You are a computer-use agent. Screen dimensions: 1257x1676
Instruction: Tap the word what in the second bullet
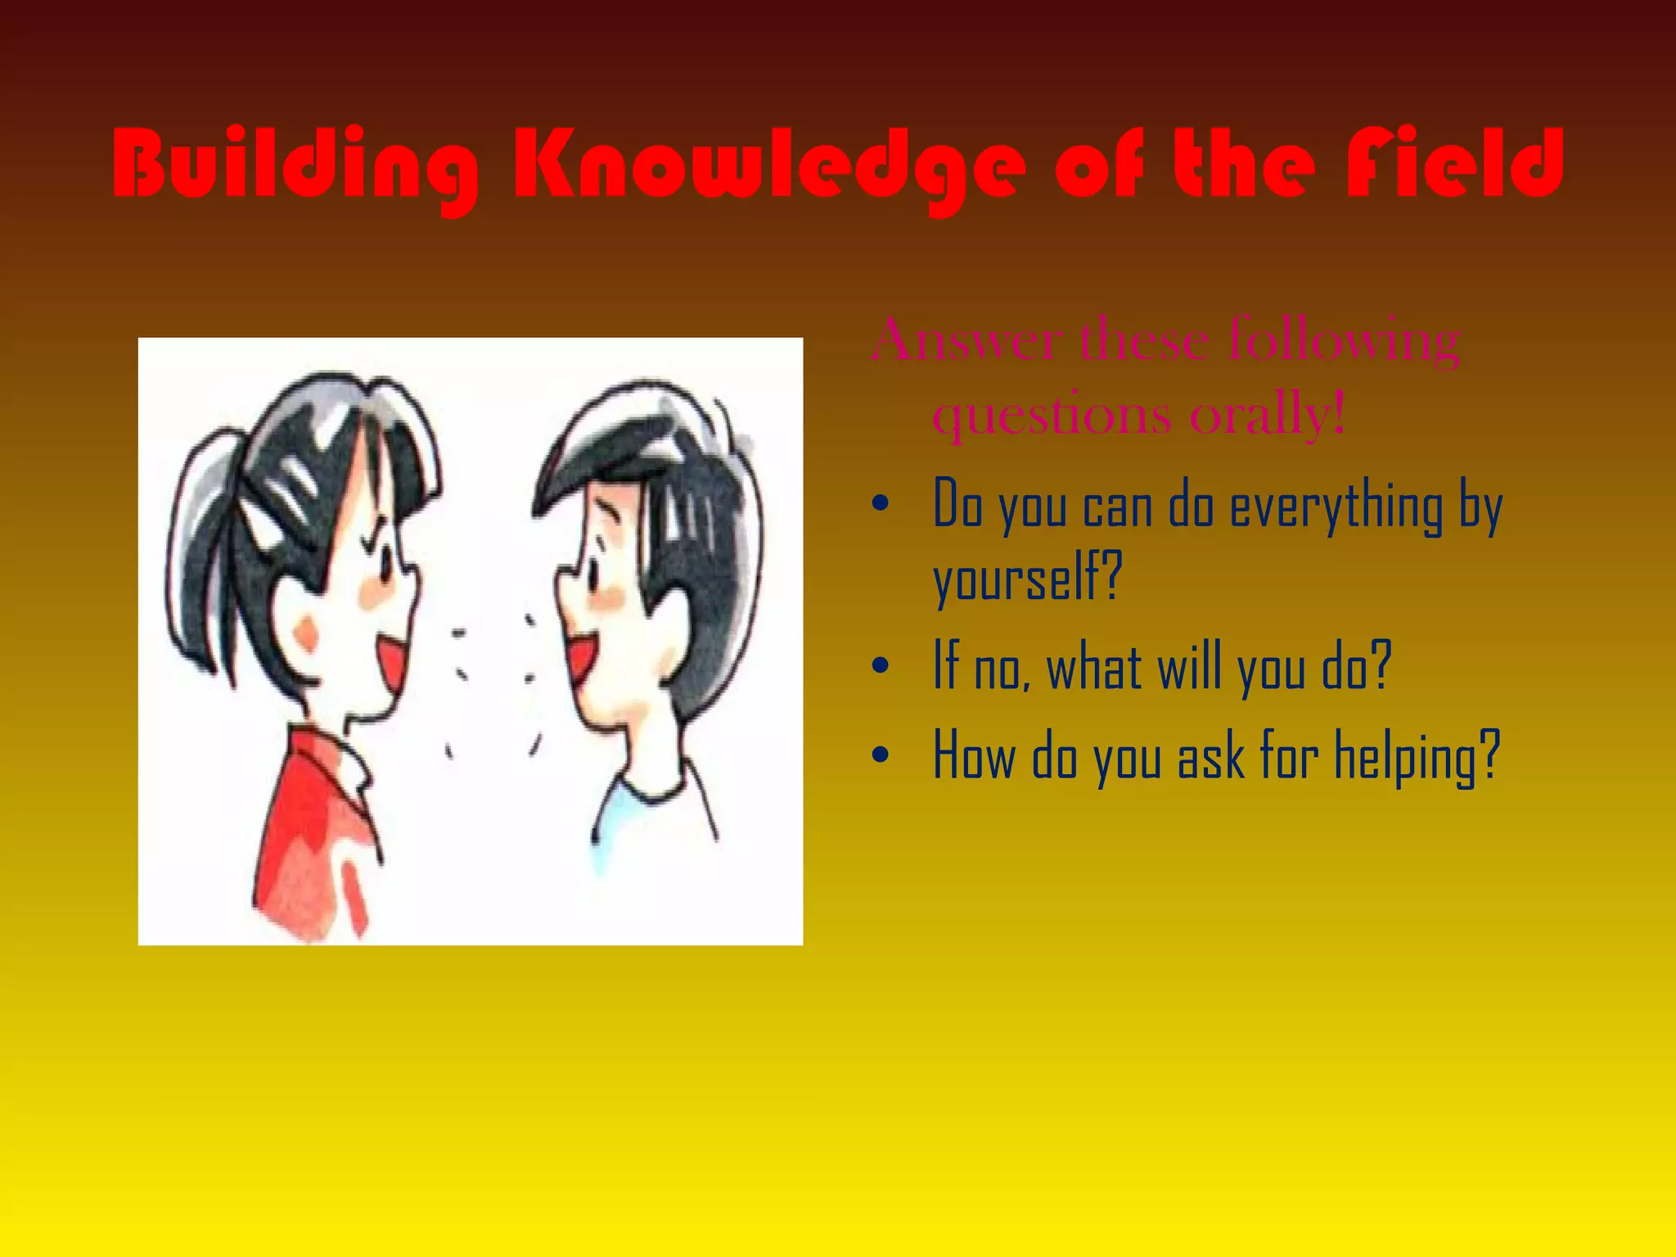[x=1093, y=667]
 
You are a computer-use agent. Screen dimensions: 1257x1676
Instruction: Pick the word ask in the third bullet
[x=1210, y=755]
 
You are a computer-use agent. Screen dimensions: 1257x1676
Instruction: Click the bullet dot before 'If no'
[x=880, y=665]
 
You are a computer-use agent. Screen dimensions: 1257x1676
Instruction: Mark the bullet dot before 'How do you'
[x=880, y=755]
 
